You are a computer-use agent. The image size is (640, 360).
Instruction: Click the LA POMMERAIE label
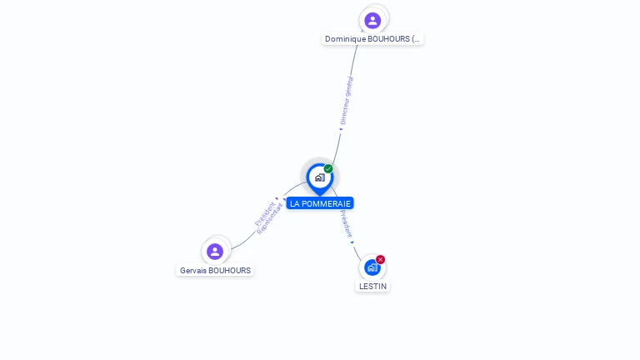(x=320, y=203)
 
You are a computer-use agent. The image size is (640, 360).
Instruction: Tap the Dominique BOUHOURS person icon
(x=372, y=20)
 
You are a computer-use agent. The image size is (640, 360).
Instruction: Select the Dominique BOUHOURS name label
(x=372, y=39)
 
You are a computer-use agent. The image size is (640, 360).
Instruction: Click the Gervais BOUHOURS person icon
(x=215, y=251)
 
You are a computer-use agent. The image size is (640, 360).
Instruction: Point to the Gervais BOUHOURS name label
(x=215, y=270)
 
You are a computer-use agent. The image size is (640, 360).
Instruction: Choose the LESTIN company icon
(x=372, y=267)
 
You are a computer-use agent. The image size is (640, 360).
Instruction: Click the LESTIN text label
(x=372, y=286)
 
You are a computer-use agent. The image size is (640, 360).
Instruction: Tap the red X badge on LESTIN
(x=381, y=259)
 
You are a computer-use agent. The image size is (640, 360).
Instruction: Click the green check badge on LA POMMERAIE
(x=328, y=169)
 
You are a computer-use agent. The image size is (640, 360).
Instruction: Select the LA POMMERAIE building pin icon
(x=319, y=177)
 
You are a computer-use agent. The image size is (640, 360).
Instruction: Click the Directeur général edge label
(x=347, y=101)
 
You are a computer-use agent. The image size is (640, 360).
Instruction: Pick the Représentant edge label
(x=270, y=219)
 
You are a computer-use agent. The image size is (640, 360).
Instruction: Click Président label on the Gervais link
(x=264, y=213)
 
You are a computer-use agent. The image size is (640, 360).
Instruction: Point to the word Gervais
(x=193, y=270)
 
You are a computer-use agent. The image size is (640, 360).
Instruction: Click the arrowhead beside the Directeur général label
(x=341, y=129)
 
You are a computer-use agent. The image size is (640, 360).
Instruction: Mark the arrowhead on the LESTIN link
(x=352, y=242)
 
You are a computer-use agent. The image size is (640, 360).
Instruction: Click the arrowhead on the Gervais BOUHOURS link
(x=285, y=199)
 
